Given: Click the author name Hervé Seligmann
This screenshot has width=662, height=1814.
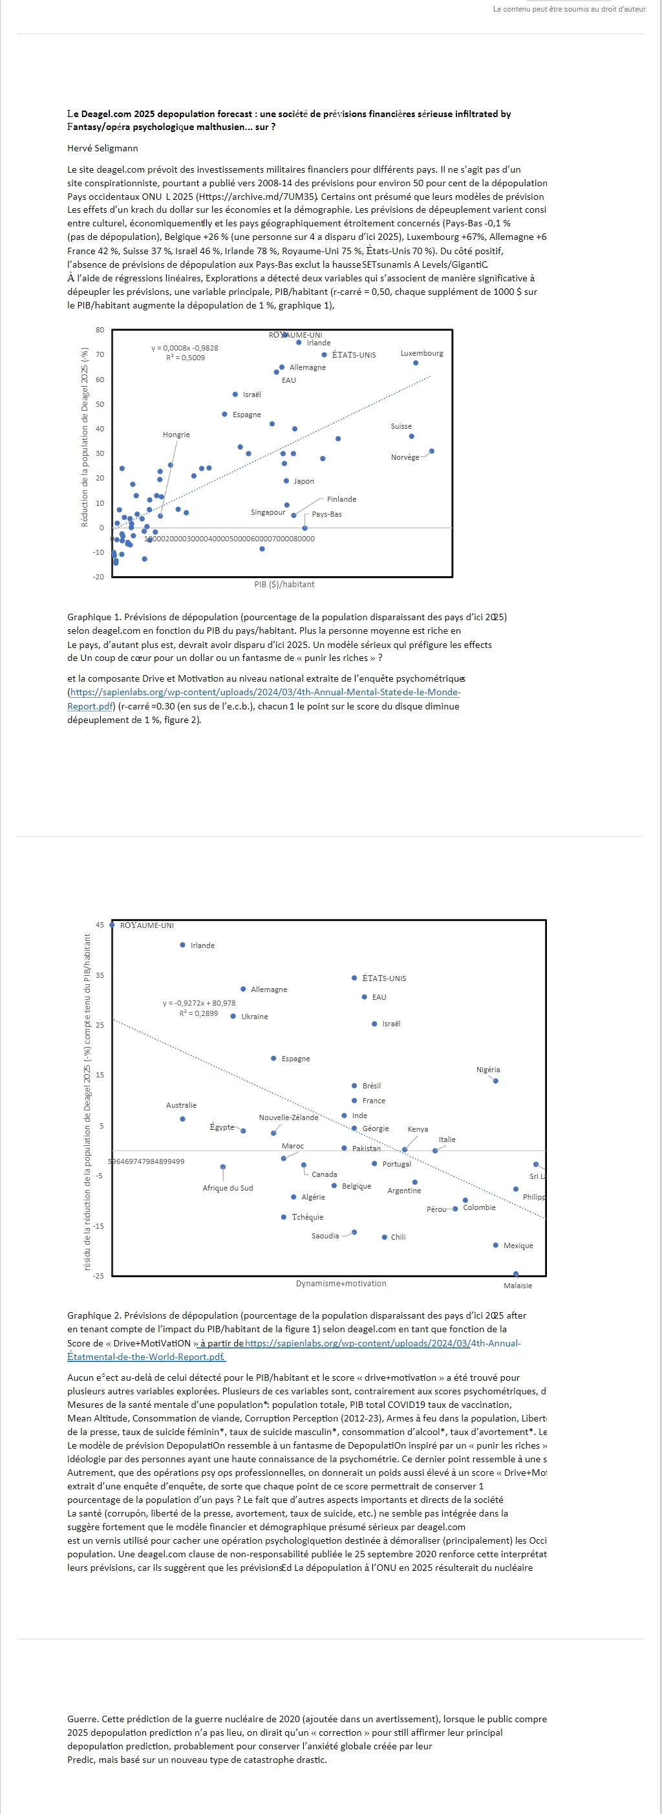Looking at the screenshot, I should (103, 149).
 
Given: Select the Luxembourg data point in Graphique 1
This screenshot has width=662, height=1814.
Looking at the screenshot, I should (416, 363).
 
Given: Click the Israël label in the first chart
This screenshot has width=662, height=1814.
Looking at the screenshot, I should (251, 394).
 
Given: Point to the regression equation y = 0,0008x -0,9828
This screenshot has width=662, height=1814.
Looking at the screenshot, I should (184, 348).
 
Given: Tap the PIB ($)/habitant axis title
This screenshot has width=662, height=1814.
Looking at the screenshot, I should (284, 585).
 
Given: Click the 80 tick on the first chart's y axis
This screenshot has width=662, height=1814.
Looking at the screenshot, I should (100, 330).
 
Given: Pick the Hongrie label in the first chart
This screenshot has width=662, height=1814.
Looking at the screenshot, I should (176, 435).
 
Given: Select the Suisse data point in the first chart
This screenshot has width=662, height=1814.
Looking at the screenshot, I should (412, 437).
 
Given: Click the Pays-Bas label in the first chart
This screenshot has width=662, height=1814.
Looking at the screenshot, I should (326, 514).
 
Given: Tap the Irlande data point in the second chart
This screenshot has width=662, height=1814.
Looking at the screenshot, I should (182, 945).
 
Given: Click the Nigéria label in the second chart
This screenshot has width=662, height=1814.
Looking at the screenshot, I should (488, 1070).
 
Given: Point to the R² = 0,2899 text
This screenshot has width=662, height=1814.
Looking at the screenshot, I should (198, 1013).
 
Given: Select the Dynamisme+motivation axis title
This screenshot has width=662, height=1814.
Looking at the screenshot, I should (341, 1284).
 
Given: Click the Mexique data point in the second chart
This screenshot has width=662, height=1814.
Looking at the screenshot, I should (496, 1246).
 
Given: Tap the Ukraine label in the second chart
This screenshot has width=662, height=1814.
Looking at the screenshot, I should (254, 1017).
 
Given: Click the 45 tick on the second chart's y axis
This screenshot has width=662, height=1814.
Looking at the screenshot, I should (100, 925).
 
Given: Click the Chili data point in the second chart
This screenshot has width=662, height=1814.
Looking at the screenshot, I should (385, 1237).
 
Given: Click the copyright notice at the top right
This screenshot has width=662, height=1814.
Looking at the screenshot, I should (570, 9).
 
